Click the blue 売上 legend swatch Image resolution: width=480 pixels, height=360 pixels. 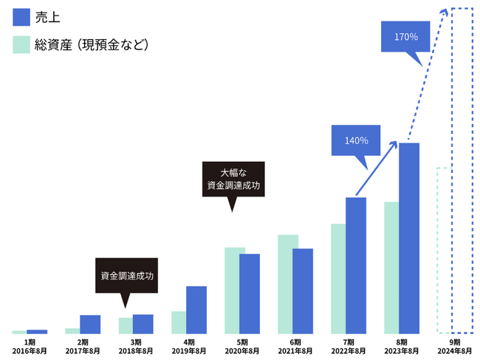tap(21, 16)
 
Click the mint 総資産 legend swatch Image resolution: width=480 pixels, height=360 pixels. tap(21, 44)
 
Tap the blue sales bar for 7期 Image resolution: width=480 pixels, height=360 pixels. tap(356, 265)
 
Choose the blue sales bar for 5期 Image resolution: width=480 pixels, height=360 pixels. tap(250, 293)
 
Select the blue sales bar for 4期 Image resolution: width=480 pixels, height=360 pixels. tap(196, 310)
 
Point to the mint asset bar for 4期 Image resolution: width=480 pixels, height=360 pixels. tap(178, 322)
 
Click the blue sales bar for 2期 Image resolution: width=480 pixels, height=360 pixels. tap(90, 325)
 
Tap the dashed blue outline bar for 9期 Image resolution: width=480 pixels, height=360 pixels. tap(462, 170)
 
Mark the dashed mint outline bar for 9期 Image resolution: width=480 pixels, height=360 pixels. tap(443, 251)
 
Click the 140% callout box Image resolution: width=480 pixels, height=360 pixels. tap(356, 140)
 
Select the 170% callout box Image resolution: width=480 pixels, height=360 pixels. tap(406, 37)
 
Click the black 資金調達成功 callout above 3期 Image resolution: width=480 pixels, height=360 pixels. tap(127, 275)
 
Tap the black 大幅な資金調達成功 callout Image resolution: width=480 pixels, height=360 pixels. tap(233, 179)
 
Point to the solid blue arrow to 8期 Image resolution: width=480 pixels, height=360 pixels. tap(380, 168)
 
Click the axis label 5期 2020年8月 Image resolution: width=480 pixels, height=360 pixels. tap(242, 347)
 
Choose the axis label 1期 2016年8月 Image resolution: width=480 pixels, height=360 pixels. tap(30, 347)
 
